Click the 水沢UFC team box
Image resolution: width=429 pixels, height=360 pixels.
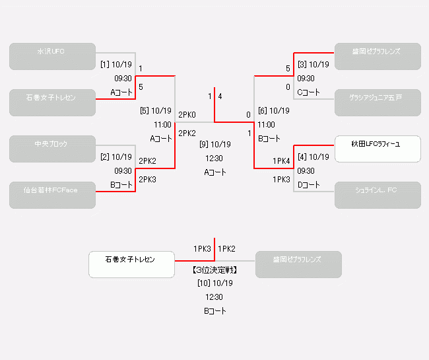[x=52, y=56]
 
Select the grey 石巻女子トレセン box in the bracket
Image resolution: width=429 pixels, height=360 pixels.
[x=52, y=102]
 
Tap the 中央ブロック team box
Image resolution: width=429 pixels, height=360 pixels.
[x=52, y=149]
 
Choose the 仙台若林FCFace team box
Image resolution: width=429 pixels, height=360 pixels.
[x=52, y=195]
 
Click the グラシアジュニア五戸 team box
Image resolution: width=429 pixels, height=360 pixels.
[x=378, y=102]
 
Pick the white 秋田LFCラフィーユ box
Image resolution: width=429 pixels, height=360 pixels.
[x=378, y=149]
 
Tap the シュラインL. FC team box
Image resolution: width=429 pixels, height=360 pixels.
[x=378, y=195]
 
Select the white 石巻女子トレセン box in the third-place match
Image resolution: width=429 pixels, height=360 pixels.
[x=131, y=264]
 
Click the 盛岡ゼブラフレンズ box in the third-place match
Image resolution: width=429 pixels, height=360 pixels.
[x=298, y=264]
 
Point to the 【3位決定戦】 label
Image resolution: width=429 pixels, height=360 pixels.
[x=214, y=270]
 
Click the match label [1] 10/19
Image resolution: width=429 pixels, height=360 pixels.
[x=116, y=65]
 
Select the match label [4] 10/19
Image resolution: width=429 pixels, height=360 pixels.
[x=313, y=157]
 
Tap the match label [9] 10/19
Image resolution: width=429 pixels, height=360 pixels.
[x=214, y=144]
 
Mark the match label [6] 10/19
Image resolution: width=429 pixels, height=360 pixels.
[x=273, y=111]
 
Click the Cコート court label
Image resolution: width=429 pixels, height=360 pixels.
[x=308, y=92]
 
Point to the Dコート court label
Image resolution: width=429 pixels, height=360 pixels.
[x=308, y=185]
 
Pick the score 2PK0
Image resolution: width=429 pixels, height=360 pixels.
[x=187, y=115]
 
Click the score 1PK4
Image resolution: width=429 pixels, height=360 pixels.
[x=281, y=161]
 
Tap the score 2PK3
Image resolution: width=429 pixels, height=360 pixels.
[x=147, y=179]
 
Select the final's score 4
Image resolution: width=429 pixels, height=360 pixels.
[x=220, y=96]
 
